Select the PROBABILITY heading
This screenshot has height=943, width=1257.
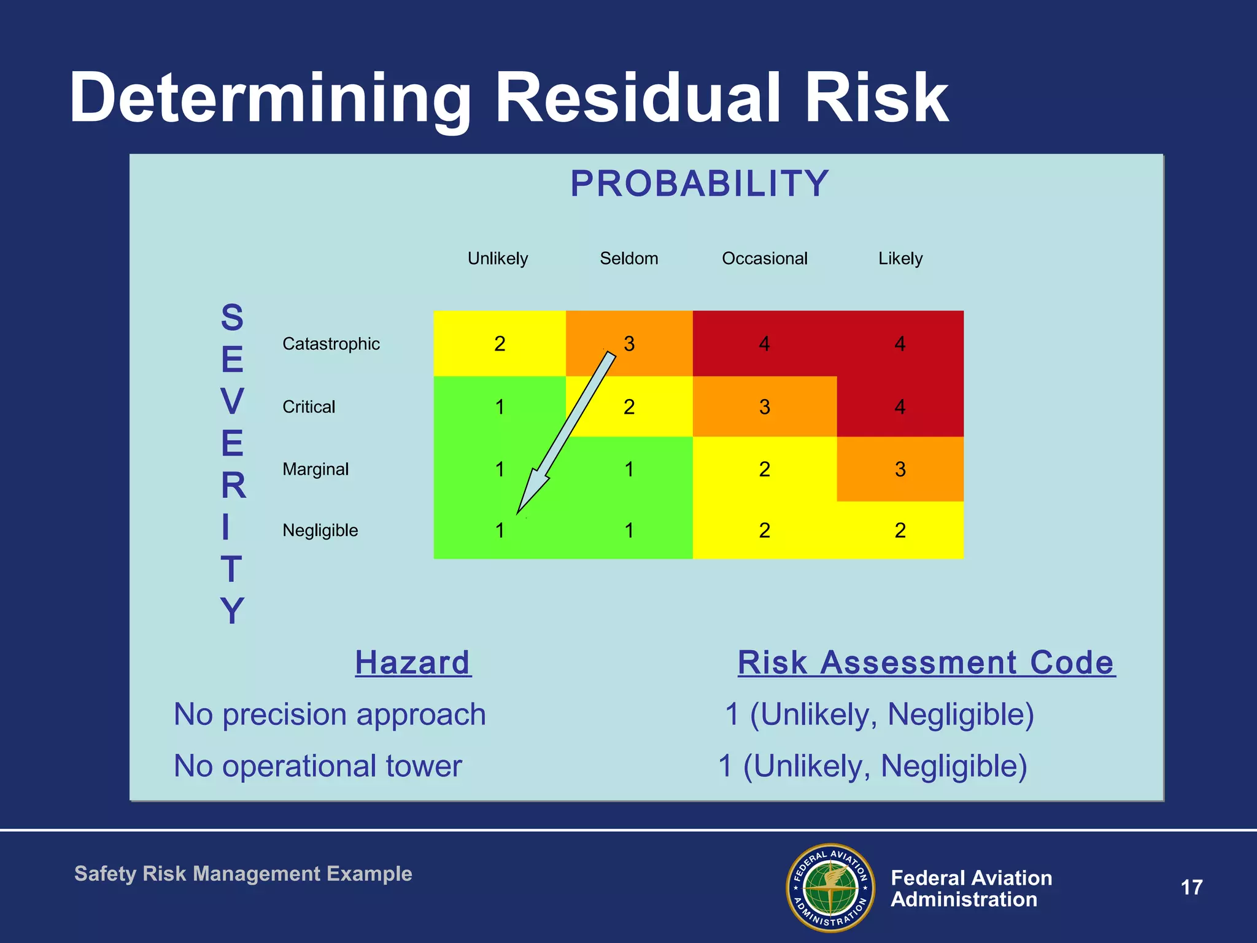pyautogui.click(x=699, y=184)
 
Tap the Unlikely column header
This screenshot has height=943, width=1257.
pyautogui.click(x=497, y=258)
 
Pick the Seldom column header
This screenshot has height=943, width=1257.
pyautogui.click(x=628, y=258)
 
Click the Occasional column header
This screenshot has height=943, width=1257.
pyautogui.click(x=764, y=258)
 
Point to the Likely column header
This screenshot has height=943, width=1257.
pyautogui.click(x=900, y=258)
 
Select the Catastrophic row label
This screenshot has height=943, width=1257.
pyautogui.click(x=331, y=344)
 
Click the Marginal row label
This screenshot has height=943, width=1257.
pyautogui.click(x=315, y=469)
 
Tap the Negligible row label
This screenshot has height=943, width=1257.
pyautogui.click(x=320, y=530)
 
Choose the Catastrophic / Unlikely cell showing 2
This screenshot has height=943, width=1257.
pyautogui.click(x=500, y=344)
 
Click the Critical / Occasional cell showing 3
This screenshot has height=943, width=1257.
pyautogui.click(x=764, y=406)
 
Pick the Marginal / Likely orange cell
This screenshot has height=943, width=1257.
pyautogui.click(x=900, y=469)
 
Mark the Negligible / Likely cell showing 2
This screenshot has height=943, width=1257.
pyautogui.click(x=900, y=530)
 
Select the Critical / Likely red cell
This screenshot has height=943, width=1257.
pyautogui.click(x=900, y=406)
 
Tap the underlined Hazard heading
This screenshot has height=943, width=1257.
pyautogui.click(x=412, y=663)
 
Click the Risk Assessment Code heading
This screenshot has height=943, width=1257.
pyautogui.click(x=926, y=663)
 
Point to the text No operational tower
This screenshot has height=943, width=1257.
pyautogui.click(x=317, y=766)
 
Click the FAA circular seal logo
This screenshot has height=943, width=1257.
pyautogui.click(x=830, y=887)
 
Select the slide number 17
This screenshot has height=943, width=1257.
pyautogui.click(x=1191, y=887)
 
